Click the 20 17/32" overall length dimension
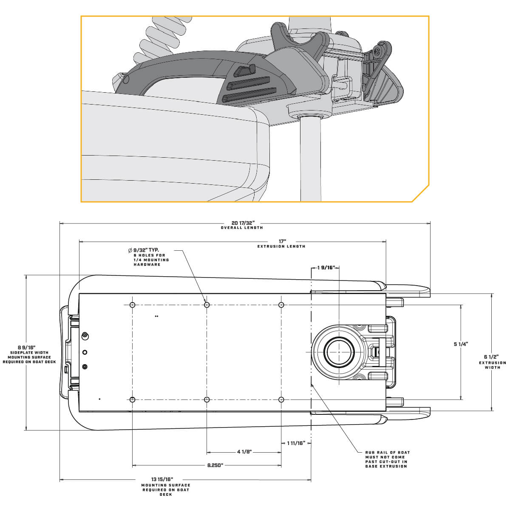(x=243, y=223)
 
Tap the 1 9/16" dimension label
(x=326, y=268)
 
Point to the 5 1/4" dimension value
(x=461, y=344)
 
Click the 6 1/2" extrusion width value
(x=493, y=357)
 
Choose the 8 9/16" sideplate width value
(x=26, y=347)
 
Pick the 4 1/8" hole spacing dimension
(x=245, y=452)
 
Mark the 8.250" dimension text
(x=215, y=465)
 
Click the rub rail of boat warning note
(x=387, y=459)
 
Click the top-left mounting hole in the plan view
(x=132, y=305)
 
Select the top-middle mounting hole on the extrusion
(x=207, y=305)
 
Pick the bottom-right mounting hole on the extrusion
(x=281, y=399)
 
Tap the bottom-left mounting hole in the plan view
(x=132, y=399)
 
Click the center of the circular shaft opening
(x=339, y=352)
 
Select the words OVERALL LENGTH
(x=242, y=228)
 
